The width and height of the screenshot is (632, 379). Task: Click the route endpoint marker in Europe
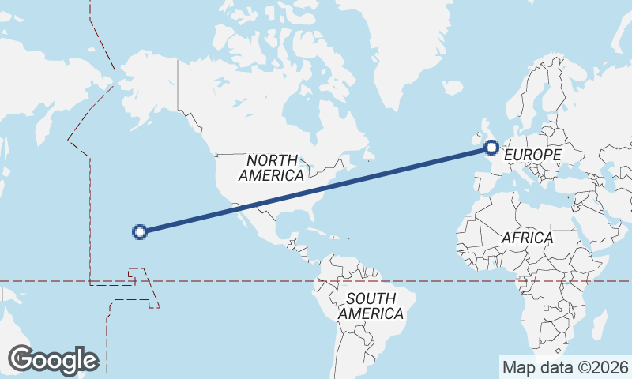(x=491, y=147)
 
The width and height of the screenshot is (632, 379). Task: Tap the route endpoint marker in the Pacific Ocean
(x=140, y=231)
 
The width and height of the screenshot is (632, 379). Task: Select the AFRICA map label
(x=527, y=238)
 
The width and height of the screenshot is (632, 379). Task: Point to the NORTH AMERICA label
(x=272, y=167)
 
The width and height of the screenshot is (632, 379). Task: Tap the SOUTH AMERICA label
(x=371, y=306)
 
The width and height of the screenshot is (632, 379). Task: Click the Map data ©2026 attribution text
(x=565, y=367)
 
